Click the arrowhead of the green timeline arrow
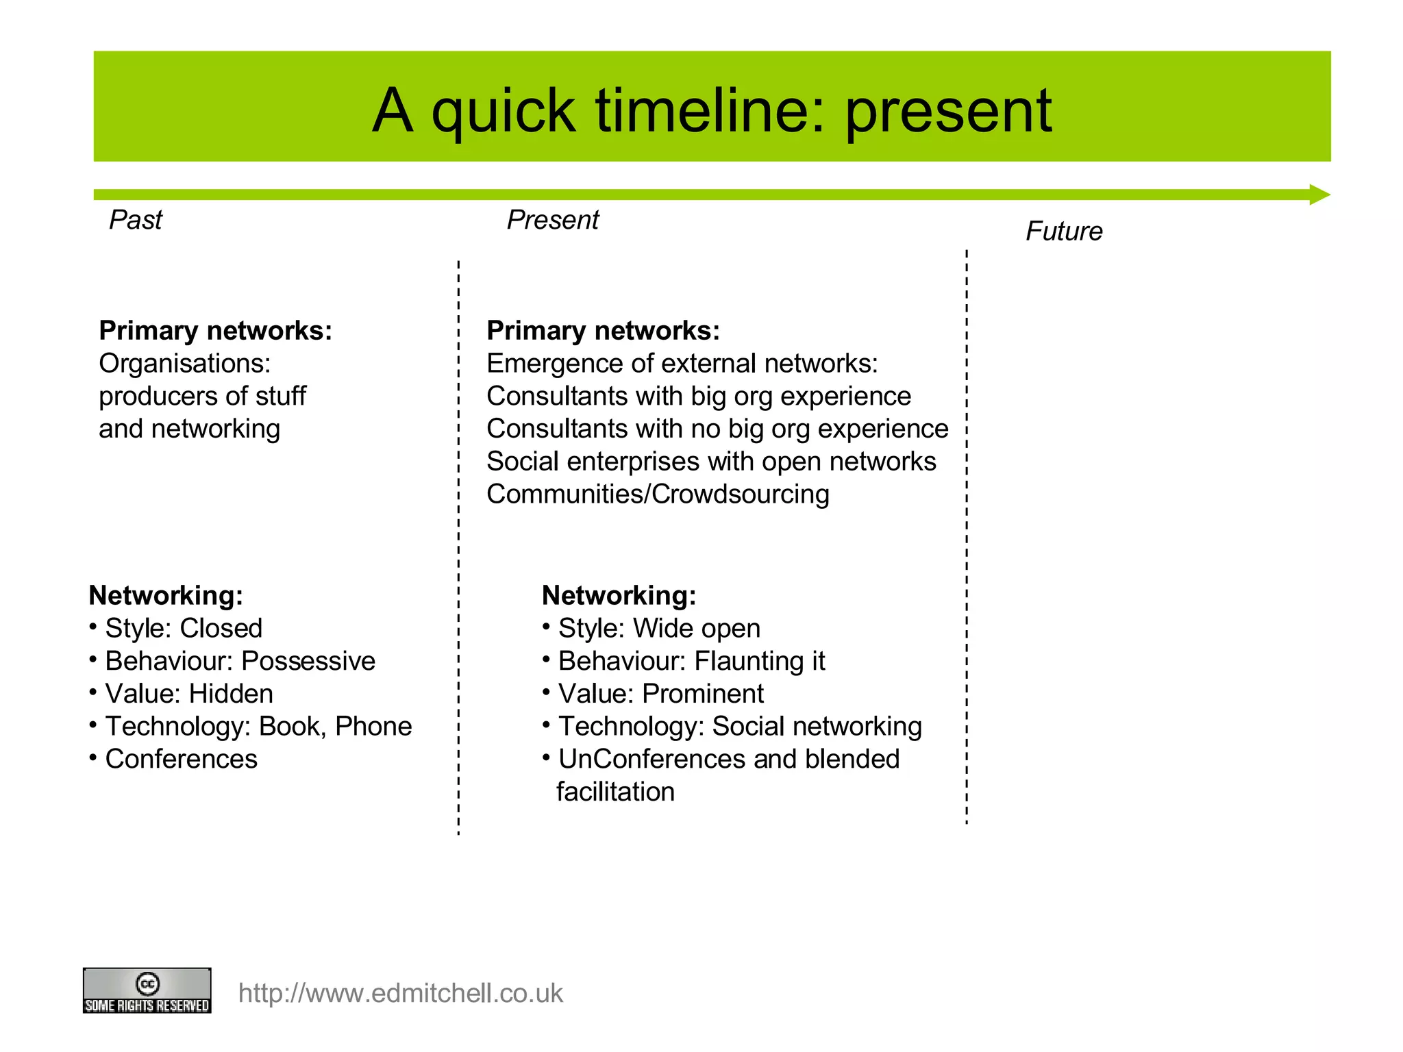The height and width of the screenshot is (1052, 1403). (x=1319, y=195)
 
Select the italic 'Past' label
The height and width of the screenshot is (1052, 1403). (x=136, y=220)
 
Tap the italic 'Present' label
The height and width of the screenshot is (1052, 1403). (x=552, y=220)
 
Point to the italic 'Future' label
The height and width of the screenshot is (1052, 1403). (x=1063, y=231)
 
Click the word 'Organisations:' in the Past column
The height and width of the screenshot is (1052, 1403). (x=184, y=363)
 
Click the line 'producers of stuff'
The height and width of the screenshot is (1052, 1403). (x=202, y=396)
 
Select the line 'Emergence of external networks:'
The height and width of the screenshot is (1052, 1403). (x=682, y=363)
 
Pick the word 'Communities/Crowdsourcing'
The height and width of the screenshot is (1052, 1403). (x=658, y=494)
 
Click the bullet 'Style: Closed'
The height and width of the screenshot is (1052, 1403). (x=183, y=628)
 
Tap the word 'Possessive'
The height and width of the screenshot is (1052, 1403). (x=308, y=661)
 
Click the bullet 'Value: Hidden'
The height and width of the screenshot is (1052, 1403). (x=188, y=694)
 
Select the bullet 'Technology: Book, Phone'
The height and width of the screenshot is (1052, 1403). (x=258, y=726)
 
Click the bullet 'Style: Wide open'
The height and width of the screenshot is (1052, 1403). (x=658, y=628)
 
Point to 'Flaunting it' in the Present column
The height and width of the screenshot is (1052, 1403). (x=759, y=661)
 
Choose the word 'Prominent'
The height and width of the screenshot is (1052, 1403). (x=703, y=694)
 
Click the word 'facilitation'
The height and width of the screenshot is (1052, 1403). (x=615, y=792)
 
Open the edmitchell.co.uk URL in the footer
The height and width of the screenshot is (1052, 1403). (x=400, y=993)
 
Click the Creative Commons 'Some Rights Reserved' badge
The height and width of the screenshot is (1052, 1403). (x=147, y=990)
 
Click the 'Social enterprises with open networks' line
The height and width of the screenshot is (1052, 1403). (x=710, y=461)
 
